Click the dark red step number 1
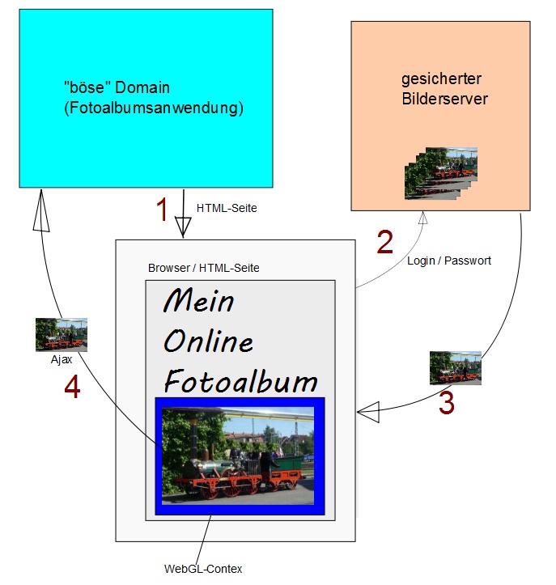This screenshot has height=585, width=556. point(162,210)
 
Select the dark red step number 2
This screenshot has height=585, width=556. point(385,242)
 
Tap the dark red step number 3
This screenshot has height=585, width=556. point(446,403)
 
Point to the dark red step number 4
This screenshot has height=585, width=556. point(72,389)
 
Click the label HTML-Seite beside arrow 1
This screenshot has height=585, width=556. point(227,208)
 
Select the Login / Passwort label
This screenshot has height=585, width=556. point(448,261)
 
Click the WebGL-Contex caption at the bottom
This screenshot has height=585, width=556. point(203,569)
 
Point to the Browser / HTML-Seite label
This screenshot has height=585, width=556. point(204,267)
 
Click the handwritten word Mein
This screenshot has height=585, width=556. point(199,301)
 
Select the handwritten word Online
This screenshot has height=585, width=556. point(209,341)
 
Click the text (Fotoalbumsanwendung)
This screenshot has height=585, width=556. point(153,108)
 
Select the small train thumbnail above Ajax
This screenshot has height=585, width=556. point(62,334)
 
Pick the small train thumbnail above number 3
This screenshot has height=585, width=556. point(455,367)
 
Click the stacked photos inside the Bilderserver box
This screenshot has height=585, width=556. point(440,172)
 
